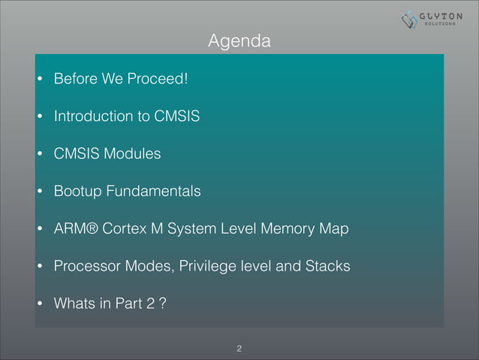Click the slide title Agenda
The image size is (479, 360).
coord(239,41)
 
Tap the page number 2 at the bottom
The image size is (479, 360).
coord(239,348)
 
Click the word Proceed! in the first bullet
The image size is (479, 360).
coord(150,79)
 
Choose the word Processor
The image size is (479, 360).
coord(85,267)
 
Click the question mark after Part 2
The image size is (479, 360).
coord(162,304)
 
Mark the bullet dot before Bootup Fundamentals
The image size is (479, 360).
coord(39,192)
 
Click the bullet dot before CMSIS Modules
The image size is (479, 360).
coord(39,155)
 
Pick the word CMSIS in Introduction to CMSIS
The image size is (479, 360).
coord(176,116)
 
